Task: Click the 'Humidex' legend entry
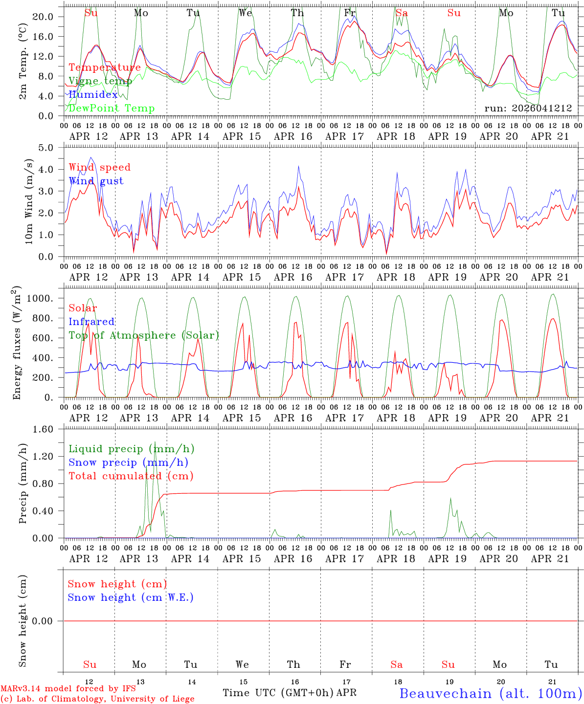click(93, 95)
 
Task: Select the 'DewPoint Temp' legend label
click(112, 109)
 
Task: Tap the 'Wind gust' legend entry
click(96, 181)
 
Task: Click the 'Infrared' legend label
click(91, 322)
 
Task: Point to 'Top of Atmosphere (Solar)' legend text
click(143, 335)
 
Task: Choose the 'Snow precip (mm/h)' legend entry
click(128, 462)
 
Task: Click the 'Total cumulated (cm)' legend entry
click(131, 476)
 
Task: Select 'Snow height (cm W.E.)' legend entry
click(131, 597)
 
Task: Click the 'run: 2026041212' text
click(528, 109)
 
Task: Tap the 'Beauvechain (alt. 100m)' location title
click(491, 693)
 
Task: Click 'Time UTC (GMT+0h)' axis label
click(278, 693)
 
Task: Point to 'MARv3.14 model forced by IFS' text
click(68, 689)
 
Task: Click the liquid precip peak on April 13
click(155, 442)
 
